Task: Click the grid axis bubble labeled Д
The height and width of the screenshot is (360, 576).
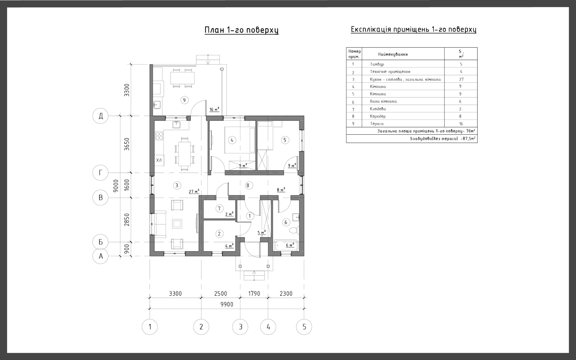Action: tap(100, 116)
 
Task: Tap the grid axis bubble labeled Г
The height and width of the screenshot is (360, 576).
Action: tap(100, 173)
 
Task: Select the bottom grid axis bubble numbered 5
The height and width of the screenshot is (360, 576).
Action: tap(304, 327)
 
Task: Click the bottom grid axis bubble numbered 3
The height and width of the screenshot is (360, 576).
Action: tap(240, 327)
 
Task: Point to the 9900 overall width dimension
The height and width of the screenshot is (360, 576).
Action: tap(227, 304)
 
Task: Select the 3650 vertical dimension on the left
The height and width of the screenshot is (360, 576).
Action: tap(127, 144)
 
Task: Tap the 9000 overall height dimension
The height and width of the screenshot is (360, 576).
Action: tap(116, 186)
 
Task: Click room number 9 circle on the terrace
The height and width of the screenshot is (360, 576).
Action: tap(184, 100)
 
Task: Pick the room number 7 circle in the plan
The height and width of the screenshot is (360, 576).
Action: tap(219, 209)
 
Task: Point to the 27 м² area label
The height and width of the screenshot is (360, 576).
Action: tap(194, 191)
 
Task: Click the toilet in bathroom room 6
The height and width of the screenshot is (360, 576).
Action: tap(294, 230)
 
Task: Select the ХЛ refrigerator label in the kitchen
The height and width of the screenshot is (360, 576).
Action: tap(159, 160)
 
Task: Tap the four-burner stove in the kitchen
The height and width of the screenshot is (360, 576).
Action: tap(159, 136)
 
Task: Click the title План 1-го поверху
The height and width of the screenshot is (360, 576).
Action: tap(241, 30)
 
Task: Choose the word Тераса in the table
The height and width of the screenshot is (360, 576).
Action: tap(377, 124)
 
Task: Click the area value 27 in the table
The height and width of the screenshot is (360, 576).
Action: tap(461, 79)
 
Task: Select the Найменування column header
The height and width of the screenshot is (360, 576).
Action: tap(393, 54)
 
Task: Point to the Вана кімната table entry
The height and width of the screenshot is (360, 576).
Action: tap(383, 101)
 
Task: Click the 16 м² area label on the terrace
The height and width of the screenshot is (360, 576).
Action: tap(214, 109)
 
